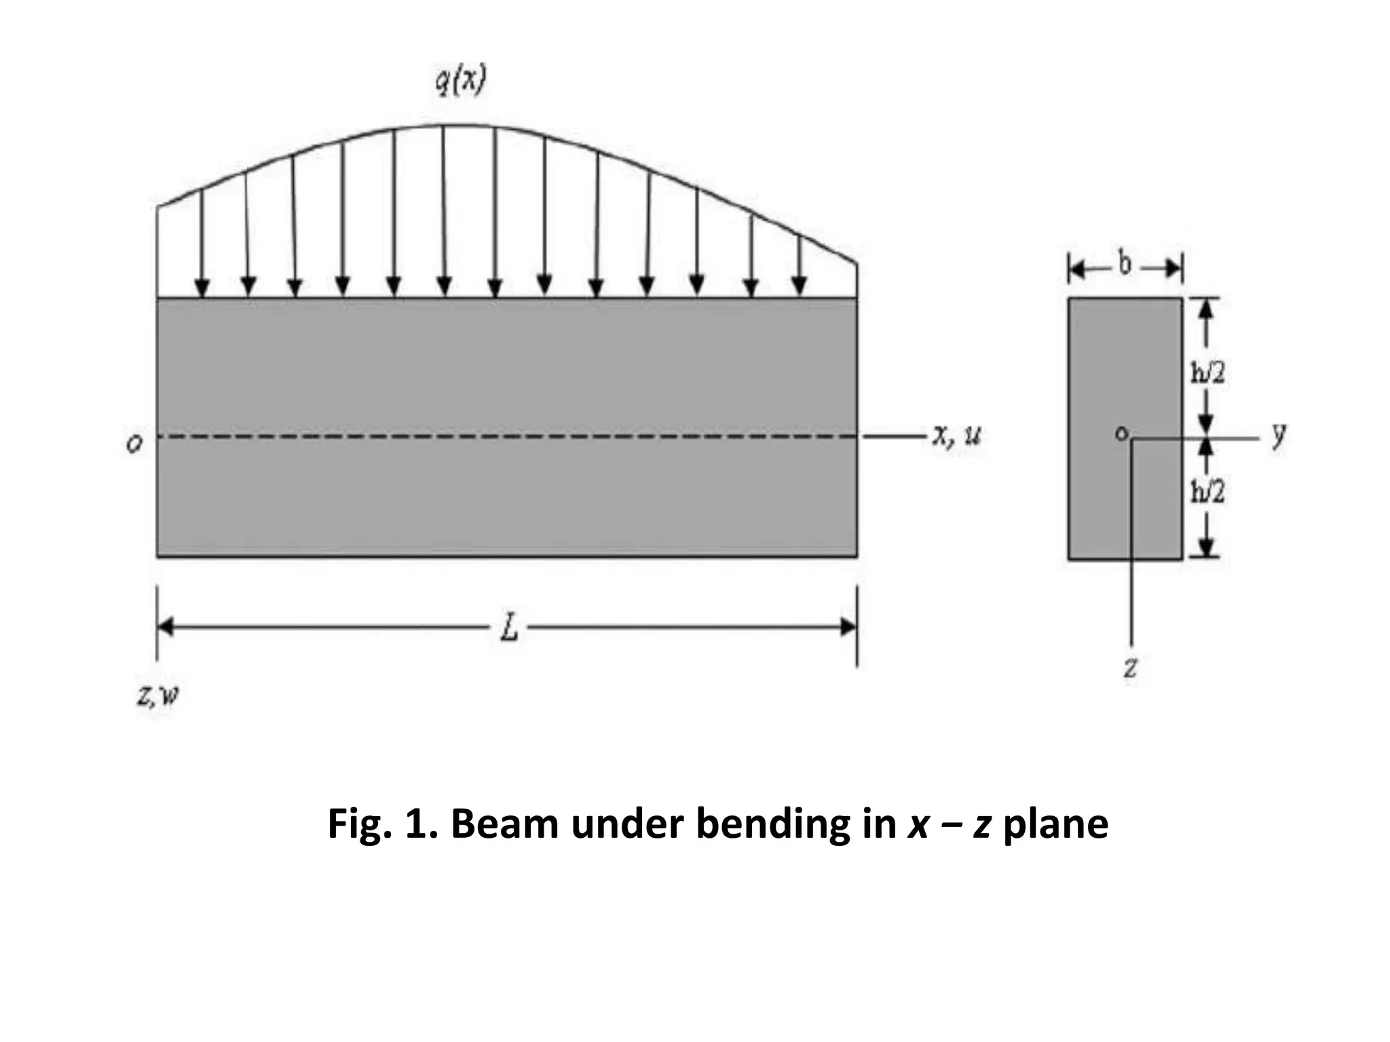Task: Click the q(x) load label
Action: coord(461,83)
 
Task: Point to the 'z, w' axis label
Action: coord(157,695)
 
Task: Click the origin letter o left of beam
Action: coord(135,443)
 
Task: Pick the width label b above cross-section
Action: coord(1125,265)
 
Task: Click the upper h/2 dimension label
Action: coord(1208,372)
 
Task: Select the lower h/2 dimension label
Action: coord(1208,492)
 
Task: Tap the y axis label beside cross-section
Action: coord(1279,434)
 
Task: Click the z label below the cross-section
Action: coord(1130,668)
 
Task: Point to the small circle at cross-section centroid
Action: coord(1122,433)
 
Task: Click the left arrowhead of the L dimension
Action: coord(166,628)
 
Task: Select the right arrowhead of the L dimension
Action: coord(848,628)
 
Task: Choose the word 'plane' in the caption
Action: coord(1055,824)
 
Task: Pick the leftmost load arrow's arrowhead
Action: coord(202,287)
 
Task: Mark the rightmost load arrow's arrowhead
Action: coord(800,287)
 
